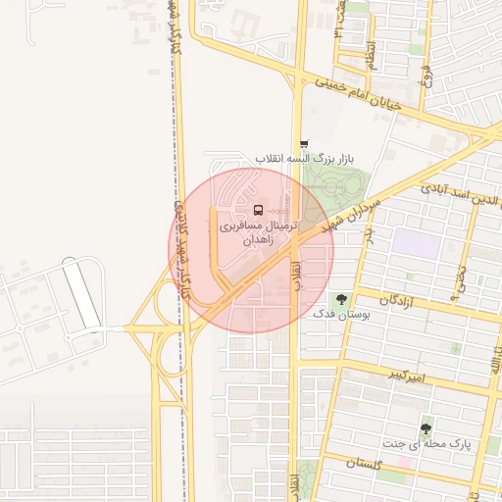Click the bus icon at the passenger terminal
click(258, 209)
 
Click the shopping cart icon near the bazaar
click(304, 144)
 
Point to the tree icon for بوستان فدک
click(341, 298)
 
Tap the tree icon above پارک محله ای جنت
click(426, 428)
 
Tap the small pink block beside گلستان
click(404, 462)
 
